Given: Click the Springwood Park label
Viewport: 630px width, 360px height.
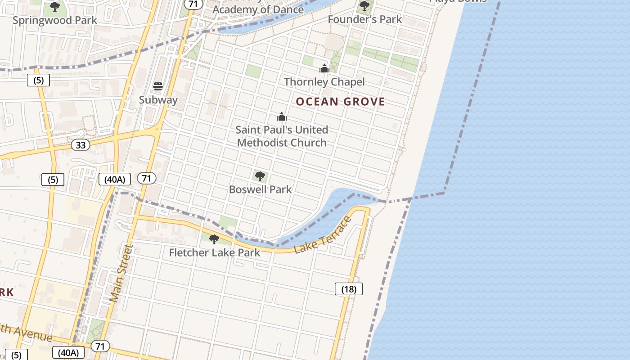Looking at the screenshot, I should coord(55,20).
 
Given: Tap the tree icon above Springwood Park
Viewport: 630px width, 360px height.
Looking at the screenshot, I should coord(55,7).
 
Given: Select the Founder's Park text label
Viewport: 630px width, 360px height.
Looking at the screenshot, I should coord(364,19).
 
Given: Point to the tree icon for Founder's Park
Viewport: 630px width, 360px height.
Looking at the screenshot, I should coord(364,6).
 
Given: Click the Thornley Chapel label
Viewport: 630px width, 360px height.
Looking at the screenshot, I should coord(324,82).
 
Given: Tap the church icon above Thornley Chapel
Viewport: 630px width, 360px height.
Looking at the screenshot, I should coord(324,68).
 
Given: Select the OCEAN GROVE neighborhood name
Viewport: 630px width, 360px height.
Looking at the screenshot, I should coord(340,102).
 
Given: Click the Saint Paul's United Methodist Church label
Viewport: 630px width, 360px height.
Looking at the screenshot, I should coord(282,136).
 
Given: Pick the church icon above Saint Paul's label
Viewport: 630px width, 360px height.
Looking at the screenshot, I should coord(282,117).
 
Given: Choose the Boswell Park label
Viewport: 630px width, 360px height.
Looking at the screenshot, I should coord(260,189).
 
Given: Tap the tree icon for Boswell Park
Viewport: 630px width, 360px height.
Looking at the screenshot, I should coord(260,176).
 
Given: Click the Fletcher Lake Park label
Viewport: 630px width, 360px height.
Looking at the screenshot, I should coord(214,252).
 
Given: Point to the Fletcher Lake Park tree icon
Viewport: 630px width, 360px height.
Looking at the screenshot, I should coord(214,239).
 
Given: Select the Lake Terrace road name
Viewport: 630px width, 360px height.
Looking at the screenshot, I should coord(323,235).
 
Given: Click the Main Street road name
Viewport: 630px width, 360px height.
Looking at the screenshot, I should coord(121,273).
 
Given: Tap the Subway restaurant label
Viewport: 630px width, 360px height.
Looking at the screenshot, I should coord(158,100).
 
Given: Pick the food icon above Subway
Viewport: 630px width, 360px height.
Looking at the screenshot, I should coord(158,86).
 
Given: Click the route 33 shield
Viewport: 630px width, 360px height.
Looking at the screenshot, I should coord(81,145).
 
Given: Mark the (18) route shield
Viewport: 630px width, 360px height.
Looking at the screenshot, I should coord(349,289).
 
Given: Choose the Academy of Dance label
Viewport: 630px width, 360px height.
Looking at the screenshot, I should coord(258,9).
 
